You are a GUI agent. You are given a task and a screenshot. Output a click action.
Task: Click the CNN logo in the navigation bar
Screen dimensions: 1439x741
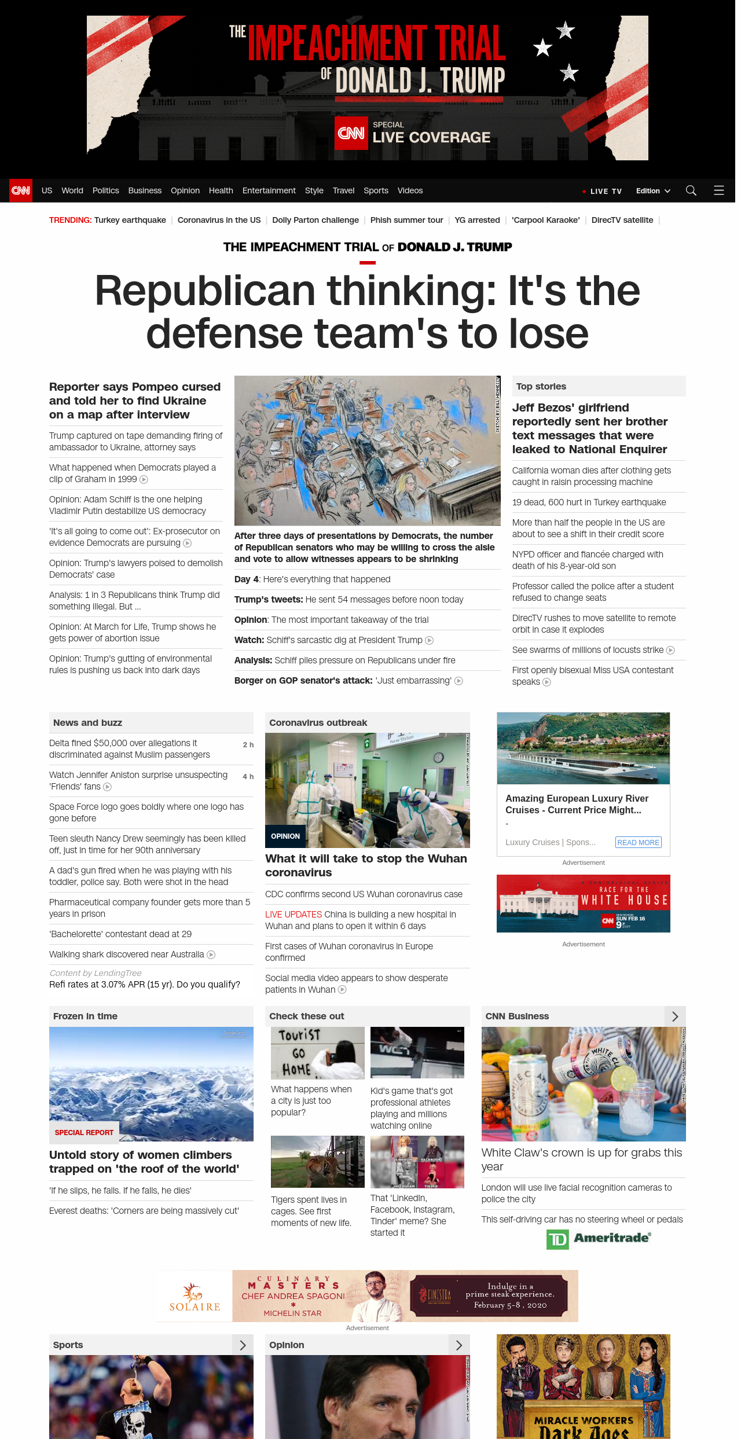(x=21, y=190)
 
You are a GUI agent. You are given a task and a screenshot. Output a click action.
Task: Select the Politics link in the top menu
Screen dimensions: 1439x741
(x=105, y=190)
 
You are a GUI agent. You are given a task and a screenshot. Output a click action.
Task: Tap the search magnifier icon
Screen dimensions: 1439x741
(x=691, y=190)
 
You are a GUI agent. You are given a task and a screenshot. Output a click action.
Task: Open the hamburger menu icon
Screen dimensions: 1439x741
(x=718, y=190)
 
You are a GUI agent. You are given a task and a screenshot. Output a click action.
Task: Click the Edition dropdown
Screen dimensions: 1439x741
(x=652, y=190)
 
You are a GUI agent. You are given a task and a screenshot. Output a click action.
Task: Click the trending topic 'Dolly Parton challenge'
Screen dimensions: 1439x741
(x=315, y=220)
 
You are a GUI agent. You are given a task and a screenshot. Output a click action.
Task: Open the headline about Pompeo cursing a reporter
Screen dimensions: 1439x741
(x=135, y=401)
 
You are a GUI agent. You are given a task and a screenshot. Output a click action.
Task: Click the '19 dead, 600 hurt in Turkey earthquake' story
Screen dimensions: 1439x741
(x=589, y=502)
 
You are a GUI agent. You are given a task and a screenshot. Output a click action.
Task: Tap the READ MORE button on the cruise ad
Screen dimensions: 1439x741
(x=638, y=842)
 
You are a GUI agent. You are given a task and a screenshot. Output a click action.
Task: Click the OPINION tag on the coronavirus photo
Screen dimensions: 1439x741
(x=285, y=836)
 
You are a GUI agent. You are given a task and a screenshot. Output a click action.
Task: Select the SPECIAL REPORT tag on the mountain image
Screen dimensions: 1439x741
(x=84, y=1132)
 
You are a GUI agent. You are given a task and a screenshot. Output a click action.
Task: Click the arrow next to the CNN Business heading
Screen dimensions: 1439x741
(x=675, y=1016)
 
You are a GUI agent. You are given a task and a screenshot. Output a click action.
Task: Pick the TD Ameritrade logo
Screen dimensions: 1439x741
(x=599, y=1238)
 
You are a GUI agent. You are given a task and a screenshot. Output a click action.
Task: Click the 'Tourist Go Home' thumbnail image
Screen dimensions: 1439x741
(x=317, y=1052)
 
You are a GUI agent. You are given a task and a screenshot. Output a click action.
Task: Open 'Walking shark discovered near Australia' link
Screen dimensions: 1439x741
(x=126, y=955)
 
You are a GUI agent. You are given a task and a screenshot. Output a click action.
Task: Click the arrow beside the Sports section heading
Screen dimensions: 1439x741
(x=243, y=1345)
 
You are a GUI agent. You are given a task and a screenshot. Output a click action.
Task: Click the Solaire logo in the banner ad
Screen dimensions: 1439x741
(x=195, y=1297)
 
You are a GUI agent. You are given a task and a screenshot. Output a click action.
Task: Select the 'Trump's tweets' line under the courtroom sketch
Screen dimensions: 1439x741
(x=349, y=600)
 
